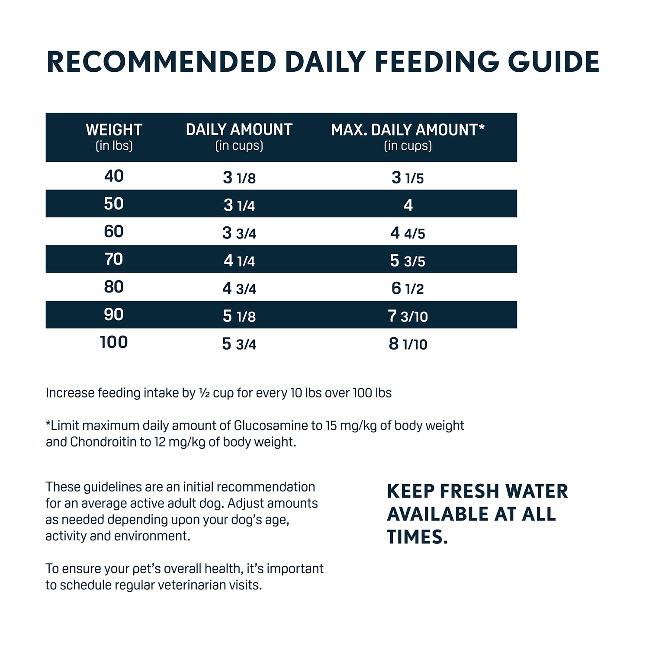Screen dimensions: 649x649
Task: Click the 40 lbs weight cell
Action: (114, 176)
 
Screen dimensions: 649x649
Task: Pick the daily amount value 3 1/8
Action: (239, 177)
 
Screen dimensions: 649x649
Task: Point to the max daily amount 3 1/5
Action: (408, 177)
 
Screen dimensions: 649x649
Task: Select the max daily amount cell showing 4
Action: (408, 205)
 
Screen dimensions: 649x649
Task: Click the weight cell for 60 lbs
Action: (114, 231)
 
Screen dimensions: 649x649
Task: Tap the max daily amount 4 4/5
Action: (408, 233)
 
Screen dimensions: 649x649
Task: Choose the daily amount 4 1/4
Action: (239, 260)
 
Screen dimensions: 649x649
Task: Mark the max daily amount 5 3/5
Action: (408, 260)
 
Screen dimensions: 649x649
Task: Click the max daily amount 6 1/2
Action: (408, 288)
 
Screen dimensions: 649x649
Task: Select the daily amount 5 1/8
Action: (239, 316)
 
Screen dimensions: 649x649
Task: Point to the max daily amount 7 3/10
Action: (408, 316)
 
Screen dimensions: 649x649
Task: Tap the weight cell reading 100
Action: (114, 342)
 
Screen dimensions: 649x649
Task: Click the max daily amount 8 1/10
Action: (408, 344)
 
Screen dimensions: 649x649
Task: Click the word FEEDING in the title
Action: (437, 62)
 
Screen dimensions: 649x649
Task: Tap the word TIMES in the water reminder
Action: (417, 537)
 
